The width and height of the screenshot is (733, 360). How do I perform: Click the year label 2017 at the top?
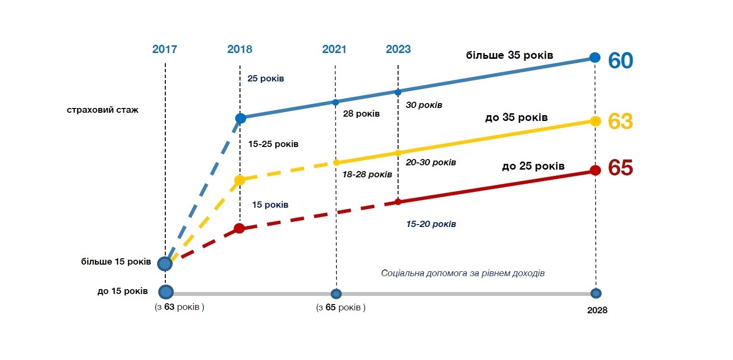tap(165, 49)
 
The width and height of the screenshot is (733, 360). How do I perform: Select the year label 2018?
tap(240, 49)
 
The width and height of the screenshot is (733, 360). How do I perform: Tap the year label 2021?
tap(334, 49)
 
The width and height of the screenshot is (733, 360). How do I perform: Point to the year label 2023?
tap(398, 49)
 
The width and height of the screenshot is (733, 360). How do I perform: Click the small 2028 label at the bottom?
tap(597, 310)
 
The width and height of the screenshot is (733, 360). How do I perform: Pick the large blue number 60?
tap(620, 61)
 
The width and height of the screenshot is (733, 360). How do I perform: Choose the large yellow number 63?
tap(620, 121)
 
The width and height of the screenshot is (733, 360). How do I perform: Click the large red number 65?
tap(620, 168)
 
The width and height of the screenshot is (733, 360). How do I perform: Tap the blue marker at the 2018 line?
tap(240, 118)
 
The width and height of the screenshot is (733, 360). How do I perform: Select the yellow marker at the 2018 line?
tap(240, 180)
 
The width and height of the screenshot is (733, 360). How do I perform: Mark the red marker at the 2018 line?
tap(240, 228)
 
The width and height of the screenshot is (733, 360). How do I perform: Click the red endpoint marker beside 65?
tap(595, 170)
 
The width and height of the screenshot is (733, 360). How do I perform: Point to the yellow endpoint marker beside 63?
tap(595, 121)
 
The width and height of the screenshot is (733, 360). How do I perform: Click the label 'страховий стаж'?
tap(103, 110)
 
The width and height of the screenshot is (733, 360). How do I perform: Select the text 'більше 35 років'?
tap(509, 55)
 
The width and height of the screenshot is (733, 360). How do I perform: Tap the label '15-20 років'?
tap(431, 224)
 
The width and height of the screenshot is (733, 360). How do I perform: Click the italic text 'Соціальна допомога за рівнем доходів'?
tap(463, 273)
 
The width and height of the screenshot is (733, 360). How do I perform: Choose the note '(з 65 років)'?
tap(341, 308)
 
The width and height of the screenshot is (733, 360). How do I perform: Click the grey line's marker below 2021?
tap(336, 293)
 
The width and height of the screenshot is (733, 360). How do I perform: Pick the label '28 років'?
tap(361, 114)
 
